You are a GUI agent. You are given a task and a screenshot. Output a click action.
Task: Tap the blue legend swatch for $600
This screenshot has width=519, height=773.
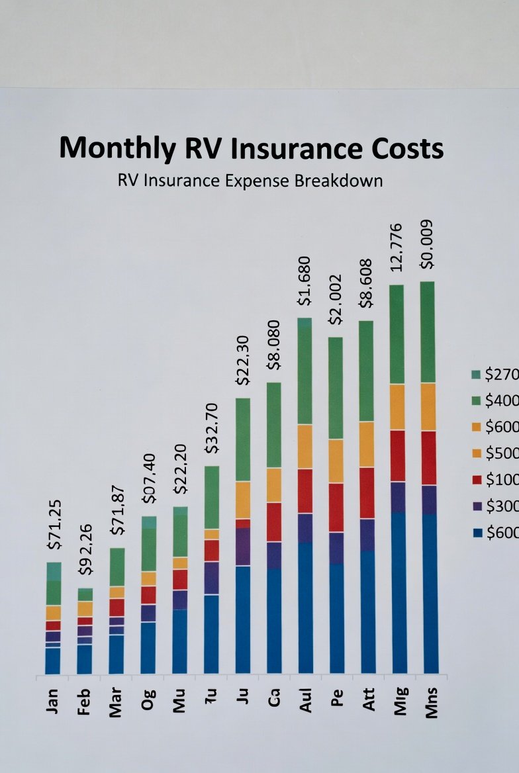pos(477,533)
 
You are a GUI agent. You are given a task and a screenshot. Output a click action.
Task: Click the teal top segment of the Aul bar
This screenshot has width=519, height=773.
pos(305,323)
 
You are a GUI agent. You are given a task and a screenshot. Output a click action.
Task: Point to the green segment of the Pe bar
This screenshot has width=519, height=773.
pos(336,388)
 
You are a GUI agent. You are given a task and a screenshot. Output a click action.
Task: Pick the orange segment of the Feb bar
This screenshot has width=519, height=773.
pos(85,608)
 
